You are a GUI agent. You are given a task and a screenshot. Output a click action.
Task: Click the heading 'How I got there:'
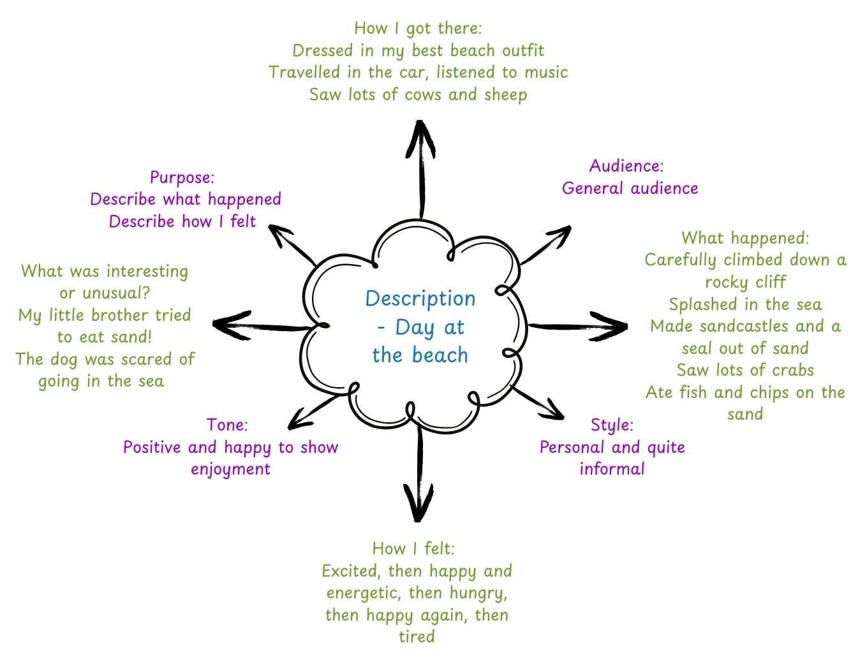418,29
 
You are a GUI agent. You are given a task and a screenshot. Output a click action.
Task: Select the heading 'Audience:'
626,166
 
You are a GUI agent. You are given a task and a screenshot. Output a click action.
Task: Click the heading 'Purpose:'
182,177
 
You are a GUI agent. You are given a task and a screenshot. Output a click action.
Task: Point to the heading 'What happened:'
745,239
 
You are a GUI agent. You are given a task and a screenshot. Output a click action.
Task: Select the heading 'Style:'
612,425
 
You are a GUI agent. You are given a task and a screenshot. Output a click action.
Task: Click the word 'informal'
612,469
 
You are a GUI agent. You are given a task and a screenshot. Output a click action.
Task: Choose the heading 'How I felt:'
413,549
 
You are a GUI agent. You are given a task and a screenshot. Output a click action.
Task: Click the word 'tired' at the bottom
417,637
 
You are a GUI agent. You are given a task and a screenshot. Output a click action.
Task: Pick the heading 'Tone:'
227,425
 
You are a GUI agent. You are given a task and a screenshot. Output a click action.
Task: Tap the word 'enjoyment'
230,469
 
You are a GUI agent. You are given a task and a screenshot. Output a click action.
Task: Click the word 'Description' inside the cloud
420,299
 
